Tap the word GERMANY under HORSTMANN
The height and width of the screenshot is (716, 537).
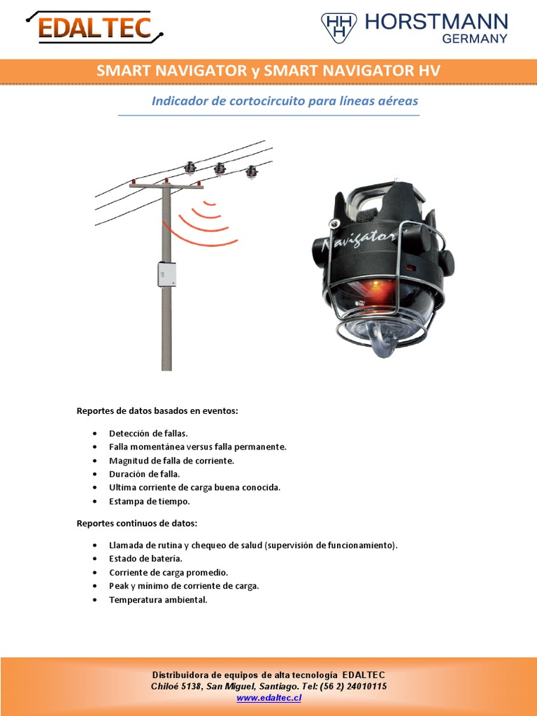tap(474, 39)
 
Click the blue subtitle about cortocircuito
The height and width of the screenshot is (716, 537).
tap(285, 101)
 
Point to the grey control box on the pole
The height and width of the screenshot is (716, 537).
tap(166, 274)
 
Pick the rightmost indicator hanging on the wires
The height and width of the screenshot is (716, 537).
tap(251, 171)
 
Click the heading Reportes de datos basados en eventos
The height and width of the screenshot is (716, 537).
tap(157, 410)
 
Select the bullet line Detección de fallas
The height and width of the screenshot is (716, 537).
tap(148, 434)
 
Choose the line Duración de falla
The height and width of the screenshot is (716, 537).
tap(145, 474)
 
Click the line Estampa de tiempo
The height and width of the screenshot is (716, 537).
tap(150, 501)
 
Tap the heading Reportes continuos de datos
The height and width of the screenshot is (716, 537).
tap(137, 523)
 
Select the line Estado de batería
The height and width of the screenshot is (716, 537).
tap(145, 559)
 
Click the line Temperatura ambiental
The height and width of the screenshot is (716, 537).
tap(158, 600)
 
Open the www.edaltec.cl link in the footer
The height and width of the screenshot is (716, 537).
tap(268, 698)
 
